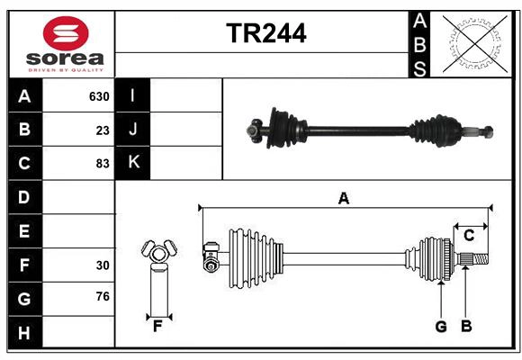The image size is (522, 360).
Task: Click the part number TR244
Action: pos(265,33)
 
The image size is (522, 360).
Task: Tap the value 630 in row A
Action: pos(98,96)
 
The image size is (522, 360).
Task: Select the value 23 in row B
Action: pos(103,130)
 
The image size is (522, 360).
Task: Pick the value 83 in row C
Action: pos(103,163)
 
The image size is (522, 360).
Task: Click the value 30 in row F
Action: pos(103,265)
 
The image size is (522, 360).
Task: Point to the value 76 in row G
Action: pos(103,297)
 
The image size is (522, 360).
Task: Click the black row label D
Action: pos(24,197)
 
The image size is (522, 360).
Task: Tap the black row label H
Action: pos(24,332)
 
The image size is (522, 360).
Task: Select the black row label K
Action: pos(133,163)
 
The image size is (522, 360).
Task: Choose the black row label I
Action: pos(133,96)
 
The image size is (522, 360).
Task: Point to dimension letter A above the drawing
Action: pos(343,198)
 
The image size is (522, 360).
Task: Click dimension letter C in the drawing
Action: pos(469,236)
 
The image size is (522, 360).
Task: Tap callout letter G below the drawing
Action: pos(441,327)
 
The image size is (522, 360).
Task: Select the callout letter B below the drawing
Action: pos(465,327)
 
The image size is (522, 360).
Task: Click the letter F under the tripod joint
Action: pos(157,327)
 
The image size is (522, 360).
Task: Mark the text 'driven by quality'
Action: pos(66,68)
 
